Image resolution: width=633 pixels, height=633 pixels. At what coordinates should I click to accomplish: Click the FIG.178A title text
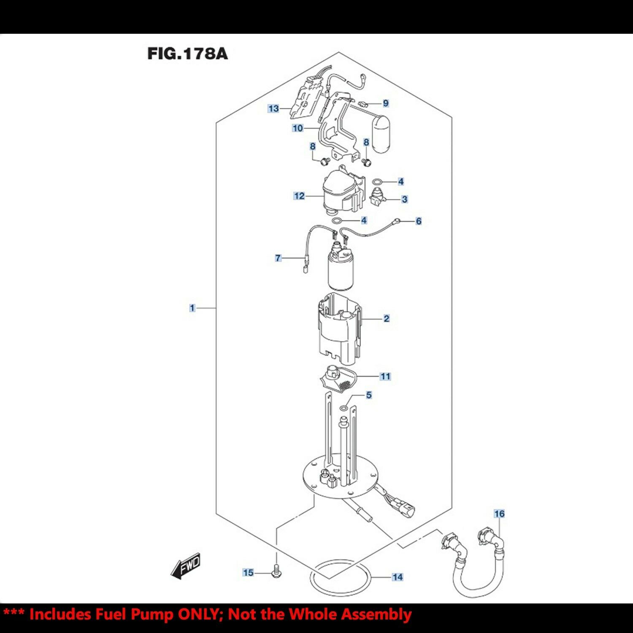(187, 54)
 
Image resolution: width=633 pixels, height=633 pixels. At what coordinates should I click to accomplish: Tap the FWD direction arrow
(186, 566)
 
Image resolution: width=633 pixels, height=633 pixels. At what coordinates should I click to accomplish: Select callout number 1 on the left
(192, 308)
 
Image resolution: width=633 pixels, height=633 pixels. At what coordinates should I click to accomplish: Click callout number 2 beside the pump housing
(386, 319)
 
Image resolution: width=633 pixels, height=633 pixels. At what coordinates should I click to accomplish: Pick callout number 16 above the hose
(499, 514)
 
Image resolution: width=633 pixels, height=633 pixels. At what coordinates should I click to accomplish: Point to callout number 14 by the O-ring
(397, 577)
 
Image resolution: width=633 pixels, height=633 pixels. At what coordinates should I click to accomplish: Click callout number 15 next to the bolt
(248, 573)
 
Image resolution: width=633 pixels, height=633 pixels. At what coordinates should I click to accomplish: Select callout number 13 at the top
(273, 108)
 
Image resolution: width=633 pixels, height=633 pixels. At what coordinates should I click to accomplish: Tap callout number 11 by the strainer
(385, 376)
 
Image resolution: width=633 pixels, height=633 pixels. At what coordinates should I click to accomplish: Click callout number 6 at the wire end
(418, 221)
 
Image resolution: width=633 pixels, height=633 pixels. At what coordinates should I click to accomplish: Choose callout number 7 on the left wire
(278, 258)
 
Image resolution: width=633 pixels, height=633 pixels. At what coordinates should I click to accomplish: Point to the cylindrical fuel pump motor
(341, 270)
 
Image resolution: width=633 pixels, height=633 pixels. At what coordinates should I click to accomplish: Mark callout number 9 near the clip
(385, 103)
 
